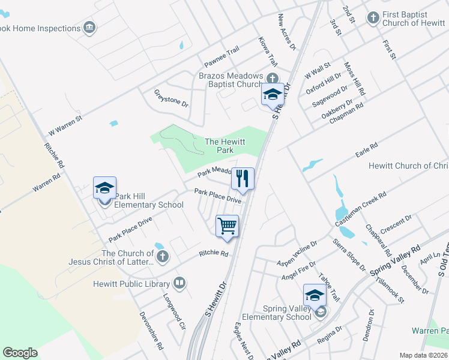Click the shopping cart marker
tap(228, 227)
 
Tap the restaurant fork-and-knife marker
tap(243, 178)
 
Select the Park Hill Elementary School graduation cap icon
tap(104, 188)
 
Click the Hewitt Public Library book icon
tap(179, 283)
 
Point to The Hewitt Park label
tap(219, 146)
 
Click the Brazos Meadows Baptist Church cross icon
tap(273, 77)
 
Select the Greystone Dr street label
tap(171, 98)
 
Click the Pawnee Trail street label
tap(221, 56)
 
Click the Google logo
tap(20, 353)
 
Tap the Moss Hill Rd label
tap(354, 79)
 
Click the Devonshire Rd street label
tap(151, 330)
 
